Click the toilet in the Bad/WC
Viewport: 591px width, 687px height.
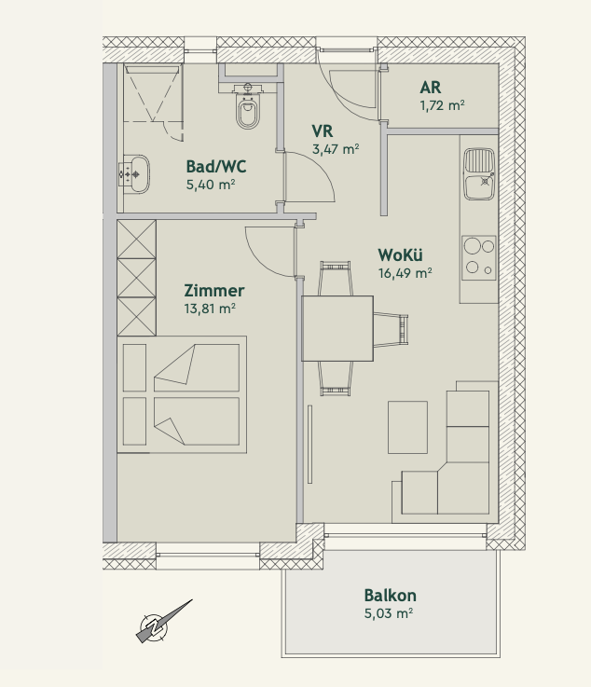tap(248, 105)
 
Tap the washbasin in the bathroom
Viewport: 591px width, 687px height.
tap(134, 174)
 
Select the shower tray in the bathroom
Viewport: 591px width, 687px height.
tap(153, 93)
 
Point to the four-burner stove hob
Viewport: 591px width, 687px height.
tap(479, 257)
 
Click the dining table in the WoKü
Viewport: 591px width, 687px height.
tap(337, 329)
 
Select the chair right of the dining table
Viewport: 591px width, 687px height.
tap(391, 329)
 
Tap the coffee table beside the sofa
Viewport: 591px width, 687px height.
tap(407, 427)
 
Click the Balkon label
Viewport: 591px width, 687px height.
tap(390, 596)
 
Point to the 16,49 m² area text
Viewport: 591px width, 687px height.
tap(405, 273)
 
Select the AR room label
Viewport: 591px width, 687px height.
tap(431, 88)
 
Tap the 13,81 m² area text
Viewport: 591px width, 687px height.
tap(210, 309)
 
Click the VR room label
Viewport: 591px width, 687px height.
tap(322, 131)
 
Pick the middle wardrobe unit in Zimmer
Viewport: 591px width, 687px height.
tap(137, 278)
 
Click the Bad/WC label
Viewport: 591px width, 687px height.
tap(216, 167)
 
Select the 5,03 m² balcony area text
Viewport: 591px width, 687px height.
tap(389, 613)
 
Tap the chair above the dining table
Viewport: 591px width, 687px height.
tap(336, 278)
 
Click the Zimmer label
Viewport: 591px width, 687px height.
tap(213, 291)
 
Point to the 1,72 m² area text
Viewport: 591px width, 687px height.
tap(442, 105)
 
